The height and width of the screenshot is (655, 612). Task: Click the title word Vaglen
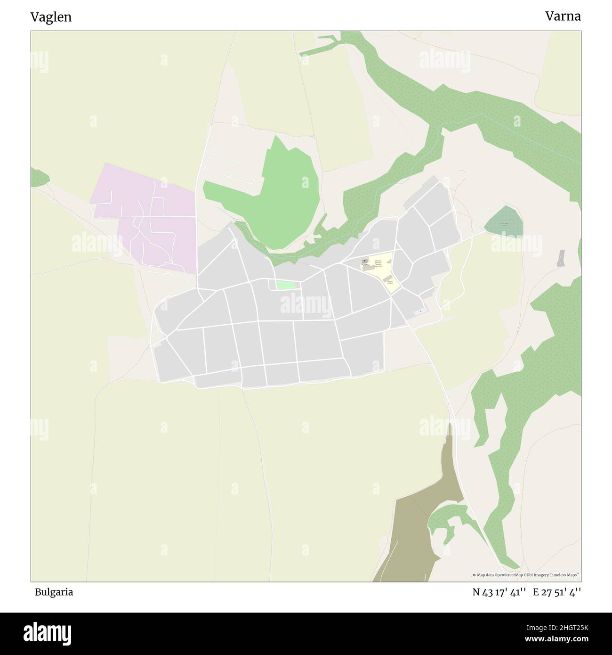51,17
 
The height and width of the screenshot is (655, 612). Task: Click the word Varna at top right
563,16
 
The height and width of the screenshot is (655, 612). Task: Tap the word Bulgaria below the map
54,592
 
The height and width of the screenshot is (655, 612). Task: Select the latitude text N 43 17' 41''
499,592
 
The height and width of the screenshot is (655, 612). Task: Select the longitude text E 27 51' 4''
557,592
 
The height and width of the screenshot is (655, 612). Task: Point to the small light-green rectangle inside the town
286,285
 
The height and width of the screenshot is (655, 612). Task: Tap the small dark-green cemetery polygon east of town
504,222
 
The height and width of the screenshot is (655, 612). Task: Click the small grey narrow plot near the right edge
560,258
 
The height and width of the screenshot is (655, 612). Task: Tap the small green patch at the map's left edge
39,178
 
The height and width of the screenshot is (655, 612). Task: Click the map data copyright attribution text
526,575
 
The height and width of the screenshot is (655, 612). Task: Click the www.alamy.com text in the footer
554,639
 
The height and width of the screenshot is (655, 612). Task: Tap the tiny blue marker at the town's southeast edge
420,311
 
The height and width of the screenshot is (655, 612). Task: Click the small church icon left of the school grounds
364,261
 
